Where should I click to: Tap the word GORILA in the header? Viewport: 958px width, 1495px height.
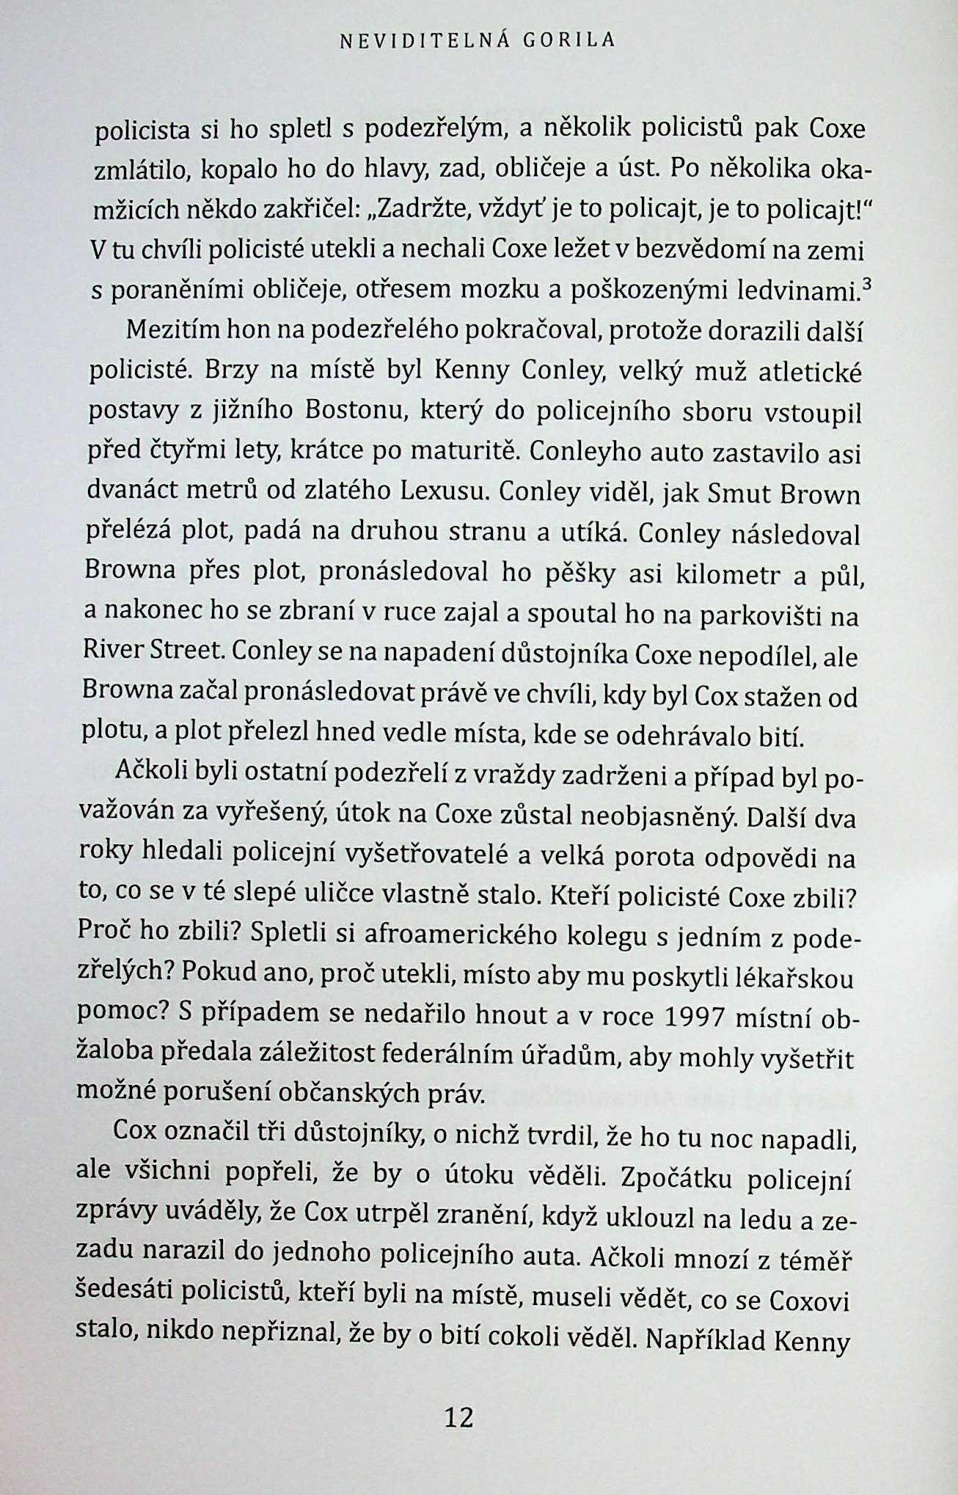point(569,41)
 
